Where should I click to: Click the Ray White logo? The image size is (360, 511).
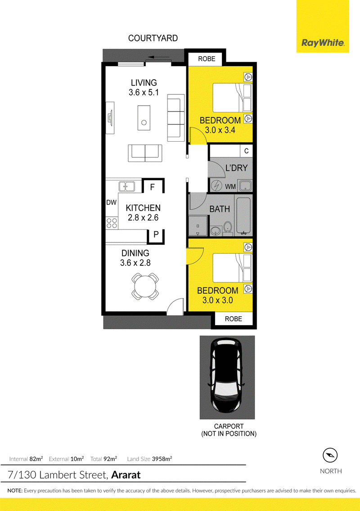click(323, 43)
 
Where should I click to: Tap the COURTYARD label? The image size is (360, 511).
click(153, 38)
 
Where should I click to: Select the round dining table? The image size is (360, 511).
click(145, 287)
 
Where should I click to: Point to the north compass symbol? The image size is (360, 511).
click(330, 455)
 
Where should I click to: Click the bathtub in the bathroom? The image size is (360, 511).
click(243, 216)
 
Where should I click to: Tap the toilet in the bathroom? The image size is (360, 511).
click(228, 228)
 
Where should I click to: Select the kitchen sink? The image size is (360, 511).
click(127, 186)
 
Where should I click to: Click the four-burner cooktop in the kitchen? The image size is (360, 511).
click(112, 223)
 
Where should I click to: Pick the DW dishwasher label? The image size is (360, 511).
click(112, 202)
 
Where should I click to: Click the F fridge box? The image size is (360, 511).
click(153, 186)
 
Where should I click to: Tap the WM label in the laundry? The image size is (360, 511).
click(230, 187)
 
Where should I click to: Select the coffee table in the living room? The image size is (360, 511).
click(144, 118)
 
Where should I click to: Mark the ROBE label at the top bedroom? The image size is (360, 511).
click(207, 58)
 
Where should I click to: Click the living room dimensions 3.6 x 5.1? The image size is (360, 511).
click(144, 93)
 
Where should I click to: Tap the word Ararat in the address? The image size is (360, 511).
click(126, 475)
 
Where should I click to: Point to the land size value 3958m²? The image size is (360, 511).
click(160, 459)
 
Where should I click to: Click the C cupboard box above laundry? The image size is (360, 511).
click(246, 151)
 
